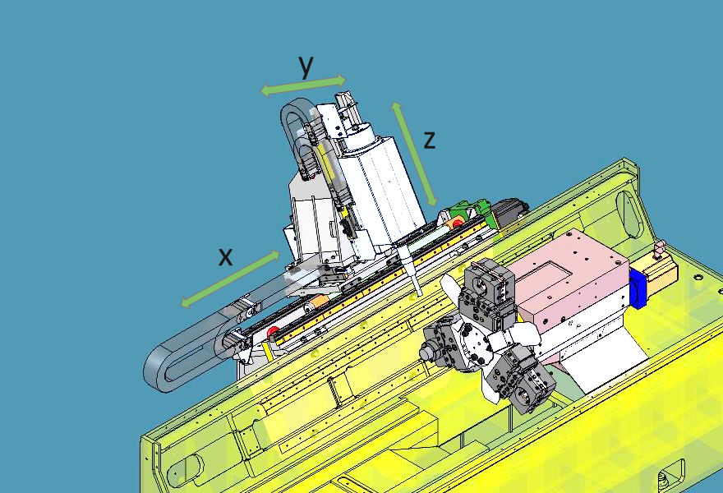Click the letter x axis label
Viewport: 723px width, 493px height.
pyautogui.click(x=225, y=257)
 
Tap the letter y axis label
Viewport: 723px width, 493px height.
pyautogui.click(x=306, y=65)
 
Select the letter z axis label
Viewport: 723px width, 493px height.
pyautogui.click(x=429, y=140)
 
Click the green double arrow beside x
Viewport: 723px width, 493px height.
pyautogui.click(x=230, y=279)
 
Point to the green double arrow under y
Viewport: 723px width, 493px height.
pyautogui.click(x=303, y=85)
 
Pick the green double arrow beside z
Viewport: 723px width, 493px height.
pyautogui.click(x=413, y=154)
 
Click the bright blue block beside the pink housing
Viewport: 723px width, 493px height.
pyautogui.click(x=638, y=289)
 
